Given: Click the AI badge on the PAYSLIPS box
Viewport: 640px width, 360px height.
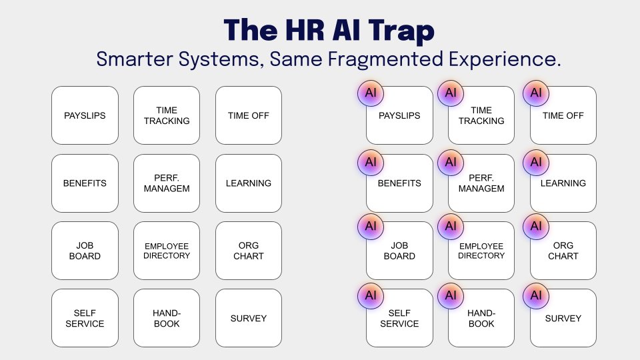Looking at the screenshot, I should tap(371, 93).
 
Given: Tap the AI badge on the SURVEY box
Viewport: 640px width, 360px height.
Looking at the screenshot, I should tap(536, 295).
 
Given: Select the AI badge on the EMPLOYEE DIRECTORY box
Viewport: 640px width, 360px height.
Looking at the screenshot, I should tap(451, 227).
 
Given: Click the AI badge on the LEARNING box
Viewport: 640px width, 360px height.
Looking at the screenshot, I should tap(536, 162).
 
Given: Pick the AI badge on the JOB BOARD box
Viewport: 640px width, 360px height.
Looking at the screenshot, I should tap(371, 227).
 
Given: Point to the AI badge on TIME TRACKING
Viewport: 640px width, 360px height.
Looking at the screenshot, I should tap(451, 93).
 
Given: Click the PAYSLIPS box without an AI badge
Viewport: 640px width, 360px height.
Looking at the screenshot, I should tap(85, 115).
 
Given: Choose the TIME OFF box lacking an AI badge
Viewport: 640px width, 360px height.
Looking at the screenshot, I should tap(249, 115).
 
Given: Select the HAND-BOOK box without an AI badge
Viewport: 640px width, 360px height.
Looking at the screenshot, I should tap(167, 318).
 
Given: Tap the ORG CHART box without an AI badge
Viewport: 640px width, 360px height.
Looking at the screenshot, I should tap(249, 251).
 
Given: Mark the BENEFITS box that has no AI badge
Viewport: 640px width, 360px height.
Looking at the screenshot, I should tap(85, 183).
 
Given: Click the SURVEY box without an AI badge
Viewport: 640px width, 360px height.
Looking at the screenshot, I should tap(249, 318).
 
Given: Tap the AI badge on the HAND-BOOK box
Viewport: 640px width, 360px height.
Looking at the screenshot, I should tap(451, 295).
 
